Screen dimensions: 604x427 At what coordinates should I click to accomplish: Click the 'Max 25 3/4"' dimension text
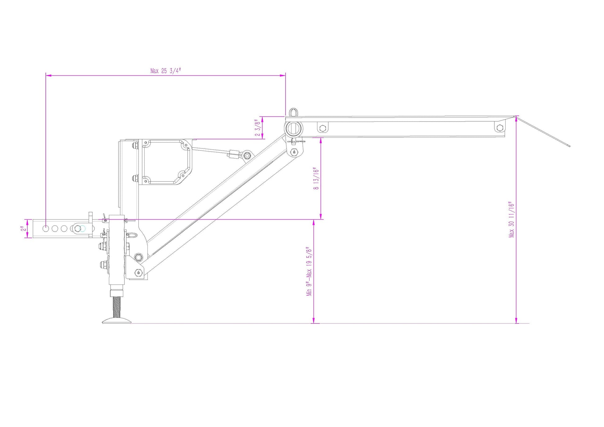point(165,71)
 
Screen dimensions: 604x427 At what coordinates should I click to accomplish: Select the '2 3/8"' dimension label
point(257,128)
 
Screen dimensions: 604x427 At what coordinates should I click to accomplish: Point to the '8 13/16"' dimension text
point(316,179)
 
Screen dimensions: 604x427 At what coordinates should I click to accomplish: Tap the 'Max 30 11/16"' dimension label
point(512,220)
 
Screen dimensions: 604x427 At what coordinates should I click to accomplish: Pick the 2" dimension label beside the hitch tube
point(23,229)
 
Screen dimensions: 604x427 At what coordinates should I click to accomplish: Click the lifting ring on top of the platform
point(293,112)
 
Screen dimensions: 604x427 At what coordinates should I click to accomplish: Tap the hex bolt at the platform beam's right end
point(499,128)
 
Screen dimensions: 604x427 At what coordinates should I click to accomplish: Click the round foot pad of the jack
point(117,321)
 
